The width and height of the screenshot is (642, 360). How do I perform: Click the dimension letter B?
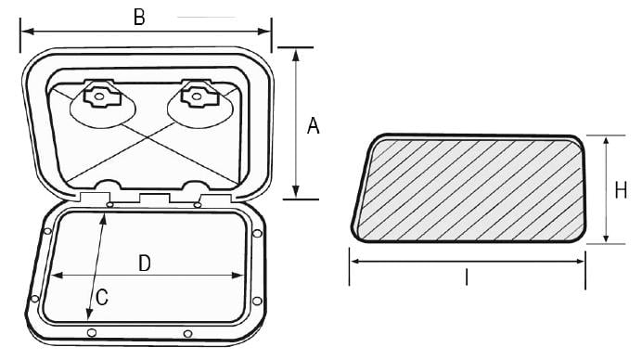coord(139,18)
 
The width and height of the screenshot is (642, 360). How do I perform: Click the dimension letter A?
coord(314,126)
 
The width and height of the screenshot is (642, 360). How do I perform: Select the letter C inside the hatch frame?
coord(102,297)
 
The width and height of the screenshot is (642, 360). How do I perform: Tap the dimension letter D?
coord(145,264)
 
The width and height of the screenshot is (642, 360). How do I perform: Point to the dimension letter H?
coord(621,190)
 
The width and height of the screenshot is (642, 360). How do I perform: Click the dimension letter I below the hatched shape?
coord(467,276)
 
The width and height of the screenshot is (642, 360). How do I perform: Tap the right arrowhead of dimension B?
coord(264,32)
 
